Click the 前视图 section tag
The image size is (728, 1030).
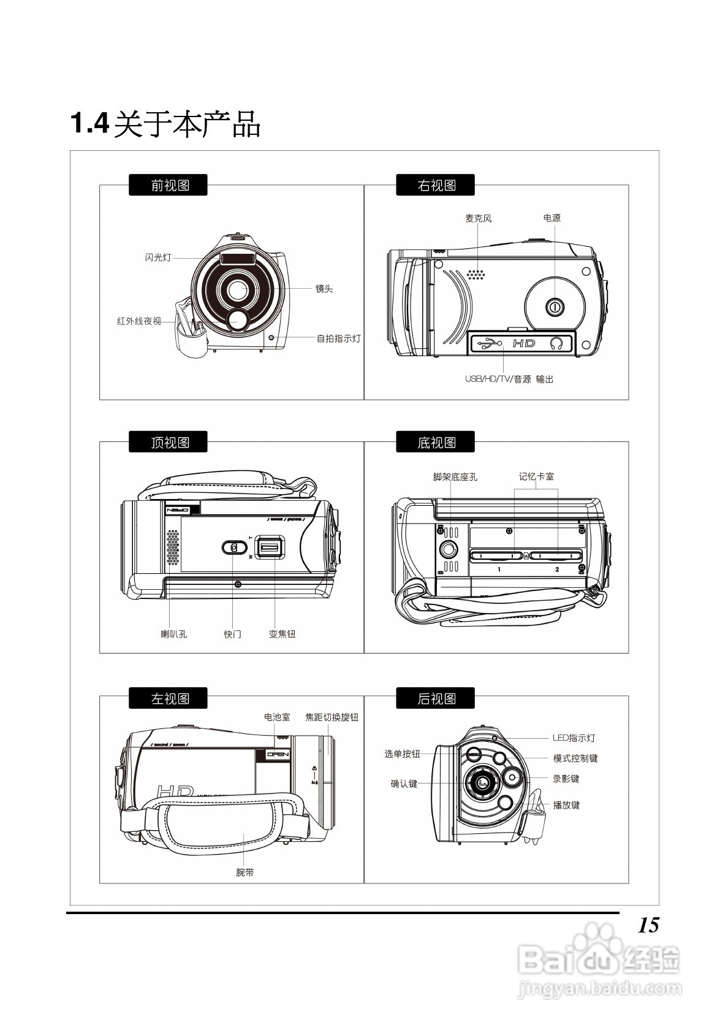(x=168, y=185)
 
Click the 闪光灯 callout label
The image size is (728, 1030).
(x=158, y=257)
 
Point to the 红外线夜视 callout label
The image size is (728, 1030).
(x=139, y=321)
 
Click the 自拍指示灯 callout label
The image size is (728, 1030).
(x=338, y=338)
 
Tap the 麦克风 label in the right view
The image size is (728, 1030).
(x=478, y=218)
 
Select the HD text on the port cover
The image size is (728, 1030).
(x=524, y=343)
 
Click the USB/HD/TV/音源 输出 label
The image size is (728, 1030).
(x=509, y=380)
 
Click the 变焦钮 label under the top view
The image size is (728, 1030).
(x=282, y=635)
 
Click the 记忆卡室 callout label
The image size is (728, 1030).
(x=536, y=476)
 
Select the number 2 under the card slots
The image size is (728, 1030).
(x=557, y=570)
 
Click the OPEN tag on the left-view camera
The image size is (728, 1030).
(x=278, y=755)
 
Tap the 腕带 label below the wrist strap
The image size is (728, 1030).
(x=245, y=872)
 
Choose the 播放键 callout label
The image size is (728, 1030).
(x=566, y=806)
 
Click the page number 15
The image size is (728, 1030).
(x=648, y=925)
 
